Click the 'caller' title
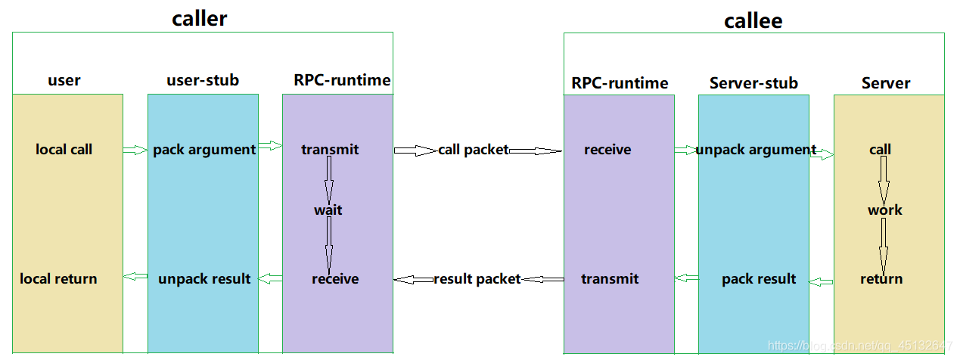pyautogui.click(x=199, y=18)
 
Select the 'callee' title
pyautogui.click(x=753, y=20)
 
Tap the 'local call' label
pyautogui.click(x=64, y=150)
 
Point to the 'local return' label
pyautogui.click(x=58, y=279)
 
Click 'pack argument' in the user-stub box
pyautogui.click(x=204, y=150)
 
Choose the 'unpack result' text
pyautogui.click(x=204, y=279)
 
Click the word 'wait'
pyautogui.click(x=328, y=210)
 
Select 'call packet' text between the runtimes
pyautogui.click(x=474, y=150)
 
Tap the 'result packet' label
pyautogui.click(x=477, y=279)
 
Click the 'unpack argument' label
pyautogui.click(x=756, y=150)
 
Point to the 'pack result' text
pyautogui.click(x=759, y=279)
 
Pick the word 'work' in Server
pyautogui.click(x=885, y=210)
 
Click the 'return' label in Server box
pyautogui.click(x=881, y=279)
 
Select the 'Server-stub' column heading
pyautogui.click(x=753, y=83)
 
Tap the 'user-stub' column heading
pyautogui.click(x=203, y=80)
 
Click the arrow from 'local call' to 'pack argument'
pyautogui.click(x=135, y=151)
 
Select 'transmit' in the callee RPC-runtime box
pyautogui.click(x=610, y=279)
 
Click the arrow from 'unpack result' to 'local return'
pyautogui.click(x=135, y=277)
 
